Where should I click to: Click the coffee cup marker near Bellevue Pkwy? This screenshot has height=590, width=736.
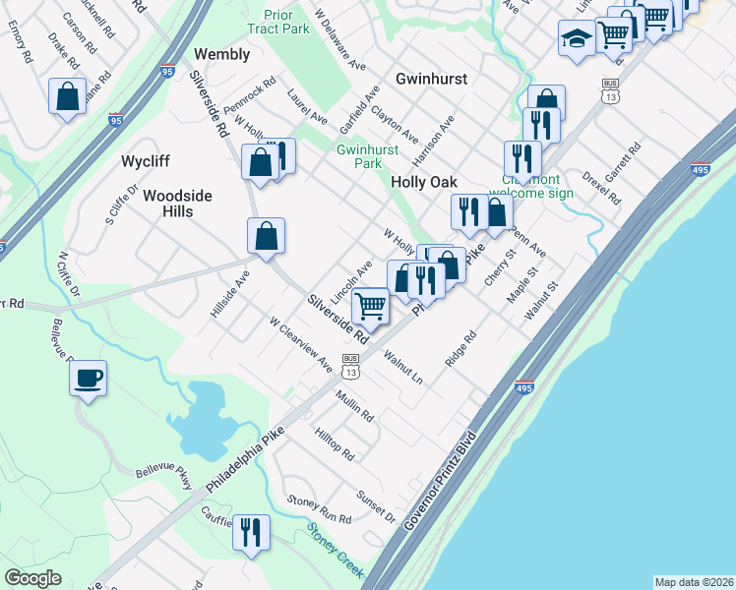pos(88,378)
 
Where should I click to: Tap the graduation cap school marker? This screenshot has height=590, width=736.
pos(576,39)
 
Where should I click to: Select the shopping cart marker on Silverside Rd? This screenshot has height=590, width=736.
pos(370,306)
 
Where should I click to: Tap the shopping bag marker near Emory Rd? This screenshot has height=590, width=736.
pos(67,96)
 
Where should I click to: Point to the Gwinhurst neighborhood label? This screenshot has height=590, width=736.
pos(431,78)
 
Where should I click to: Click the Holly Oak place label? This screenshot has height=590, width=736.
pos(424,182)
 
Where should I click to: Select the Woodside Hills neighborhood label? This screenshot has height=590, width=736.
pos(177,204)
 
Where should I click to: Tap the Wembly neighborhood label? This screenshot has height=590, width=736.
pos(222,54)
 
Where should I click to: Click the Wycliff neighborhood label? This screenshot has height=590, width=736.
pos(147,160)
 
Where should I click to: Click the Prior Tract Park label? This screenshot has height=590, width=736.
pos(286,22)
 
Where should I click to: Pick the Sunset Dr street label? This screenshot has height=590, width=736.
pos(376,505)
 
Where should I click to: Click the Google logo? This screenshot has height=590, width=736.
pos(33,578)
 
